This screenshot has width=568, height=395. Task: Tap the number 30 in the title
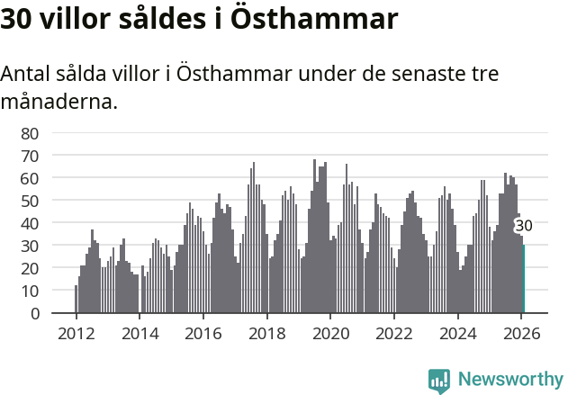[17, 19]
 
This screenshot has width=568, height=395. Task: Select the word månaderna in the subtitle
[59, 102]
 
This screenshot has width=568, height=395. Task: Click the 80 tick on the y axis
[30, 133]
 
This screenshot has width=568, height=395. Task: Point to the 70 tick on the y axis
[30, 156]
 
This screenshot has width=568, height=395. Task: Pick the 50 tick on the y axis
[30, 201]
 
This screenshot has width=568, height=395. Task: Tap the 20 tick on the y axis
[30, 268]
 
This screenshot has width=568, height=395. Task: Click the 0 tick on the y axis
[34, 313]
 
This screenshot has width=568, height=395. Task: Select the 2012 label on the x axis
[76, 333]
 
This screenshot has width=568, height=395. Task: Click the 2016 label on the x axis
[203, 333]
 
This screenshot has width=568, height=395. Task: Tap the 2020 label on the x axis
[330, 333]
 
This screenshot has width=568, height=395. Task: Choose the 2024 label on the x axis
[457, 333]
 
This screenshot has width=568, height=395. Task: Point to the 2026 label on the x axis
[521, 333]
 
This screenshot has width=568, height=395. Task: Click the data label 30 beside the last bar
[524, 226]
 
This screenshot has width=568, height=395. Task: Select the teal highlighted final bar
[524, 279]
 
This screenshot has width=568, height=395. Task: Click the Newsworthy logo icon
[439, 381]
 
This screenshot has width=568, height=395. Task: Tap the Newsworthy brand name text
[510, 380]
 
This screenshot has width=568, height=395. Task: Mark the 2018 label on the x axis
[266, 333]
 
